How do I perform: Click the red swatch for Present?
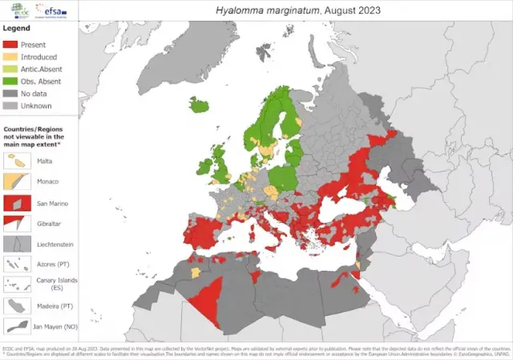[11, 46]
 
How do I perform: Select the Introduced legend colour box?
[11, 58]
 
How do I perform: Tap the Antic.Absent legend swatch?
[11, 70]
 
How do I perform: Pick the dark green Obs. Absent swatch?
[11, 82]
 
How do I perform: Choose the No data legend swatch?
[11, 94]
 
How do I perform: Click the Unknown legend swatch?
[11, 106]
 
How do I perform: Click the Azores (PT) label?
[47, 264]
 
